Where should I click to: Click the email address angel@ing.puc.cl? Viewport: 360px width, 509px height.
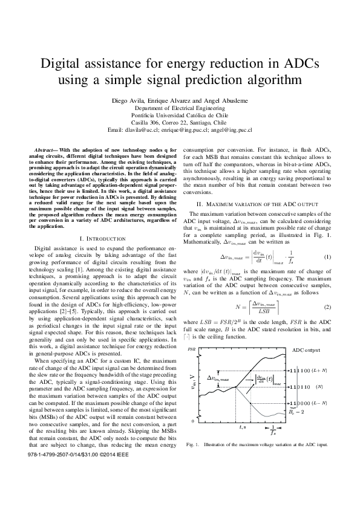coord(232,129)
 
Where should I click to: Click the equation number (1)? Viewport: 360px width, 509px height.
coord(328,256)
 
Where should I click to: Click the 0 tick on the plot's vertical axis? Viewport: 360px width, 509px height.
coord(193,421)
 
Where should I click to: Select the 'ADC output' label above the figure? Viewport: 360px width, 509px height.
coord(306,350)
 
